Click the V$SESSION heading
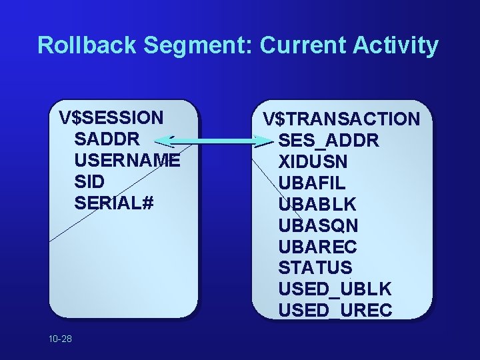[x=111, y=117]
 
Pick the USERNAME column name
[x=127, y=160]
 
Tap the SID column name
[x=91, y=181]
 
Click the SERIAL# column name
[x=115, y=203]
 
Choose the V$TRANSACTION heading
[x=341, y=119]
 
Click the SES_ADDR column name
[x=329, y=141]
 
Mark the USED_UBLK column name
[x=335, y=289]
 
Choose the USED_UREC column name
[x=335, y=311]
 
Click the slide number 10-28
[x=60, y=339]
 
